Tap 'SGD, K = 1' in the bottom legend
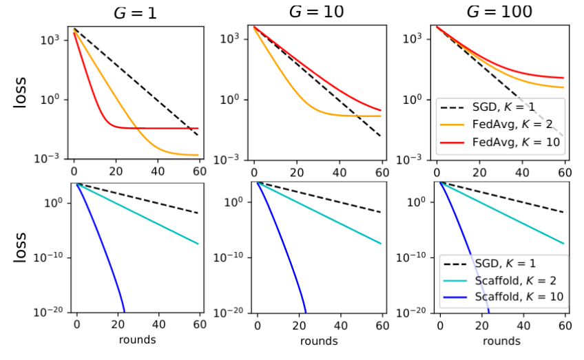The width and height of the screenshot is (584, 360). tap(508, 264)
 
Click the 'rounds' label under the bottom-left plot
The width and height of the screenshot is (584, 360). tap(137, 339)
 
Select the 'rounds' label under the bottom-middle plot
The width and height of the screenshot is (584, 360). tap(318, 340)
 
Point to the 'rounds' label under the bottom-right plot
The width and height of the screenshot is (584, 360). tap(501, 340)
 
